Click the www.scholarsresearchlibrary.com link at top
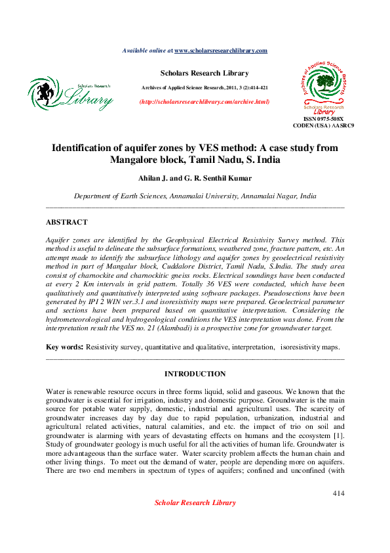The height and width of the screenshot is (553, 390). pos(220,51)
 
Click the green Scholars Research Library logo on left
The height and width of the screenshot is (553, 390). pos(71,94)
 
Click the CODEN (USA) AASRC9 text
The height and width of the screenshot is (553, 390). pos(324,125)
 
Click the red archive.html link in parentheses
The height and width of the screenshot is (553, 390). pos(205,102)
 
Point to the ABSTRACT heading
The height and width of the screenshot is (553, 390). pos(66,223)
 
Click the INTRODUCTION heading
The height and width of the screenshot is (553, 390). pos(195,374)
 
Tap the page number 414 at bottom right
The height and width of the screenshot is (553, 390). pos(338,493)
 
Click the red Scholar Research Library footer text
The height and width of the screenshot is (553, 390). pos(195,503)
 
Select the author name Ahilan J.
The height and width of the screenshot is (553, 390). pos(153,179)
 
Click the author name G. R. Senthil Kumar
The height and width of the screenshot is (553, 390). pos(218,179)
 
